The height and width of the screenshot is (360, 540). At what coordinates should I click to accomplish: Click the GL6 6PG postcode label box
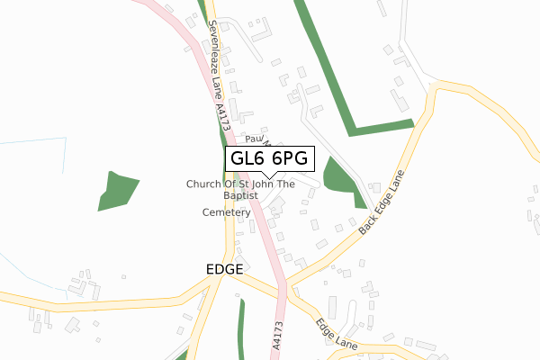click(270, 158)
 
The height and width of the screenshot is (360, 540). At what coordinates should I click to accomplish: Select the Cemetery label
click(225, 212)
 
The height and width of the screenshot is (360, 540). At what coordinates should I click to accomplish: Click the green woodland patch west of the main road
click(118, 189)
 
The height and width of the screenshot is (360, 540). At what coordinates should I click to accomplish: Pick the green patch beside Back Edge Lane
click(340, 175)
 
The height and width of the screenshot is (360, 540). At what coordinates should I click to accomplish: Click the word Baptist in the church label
click(240, 194)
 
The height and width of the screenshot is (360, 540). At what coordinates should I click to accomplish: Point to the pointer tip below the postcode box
click(268, 176)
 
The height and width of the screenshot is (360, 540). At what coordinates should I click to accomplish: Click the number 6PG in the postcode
click(290, 158)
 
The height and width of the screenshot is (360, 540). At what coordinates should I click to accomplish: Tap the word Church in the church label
click(202, 184)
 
